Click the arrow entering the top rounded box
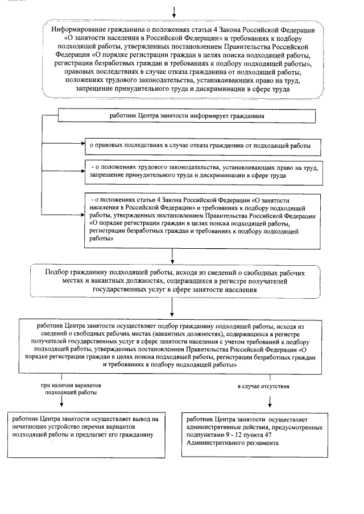pos(174,10)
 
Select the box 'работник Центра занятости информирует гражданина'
pos(187,116)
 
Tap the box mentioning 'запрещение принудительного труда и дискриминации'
pos(202,172)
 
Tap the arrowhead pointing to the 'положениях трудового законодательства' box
pos(82,168)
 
